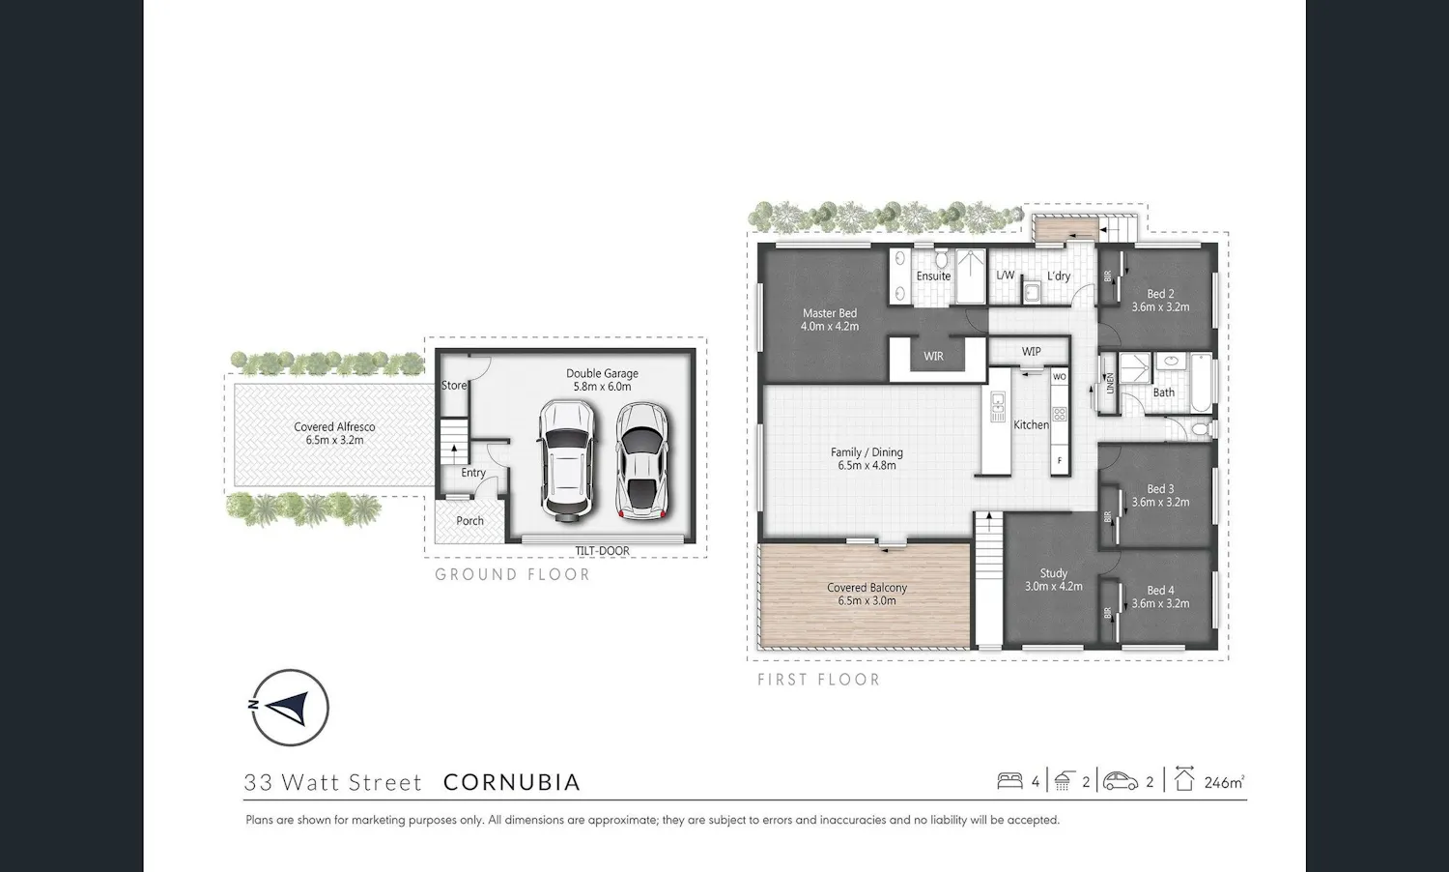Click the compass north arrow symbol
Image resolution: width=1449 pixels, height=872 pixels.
[x=289, y=708]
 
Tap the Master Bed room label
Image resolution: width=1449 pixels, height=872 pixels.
[x=830, y=313]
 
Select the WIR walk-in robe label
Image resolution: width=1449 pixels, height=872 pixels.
[x=933, y=356]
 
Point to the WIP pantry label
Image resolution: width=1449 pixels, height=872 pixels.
[x=1031, y=352]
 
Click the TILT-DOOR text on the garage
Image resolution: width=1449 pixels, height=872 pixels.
[x=602, y=551]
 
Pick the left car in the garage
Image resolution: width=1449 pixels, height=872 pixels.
[x=566, y=460]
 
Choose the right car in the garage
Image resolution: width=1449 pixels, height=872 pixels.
[x=641, y=461]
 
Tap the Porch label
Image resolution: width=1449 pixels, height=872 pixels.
[x=469, y=521]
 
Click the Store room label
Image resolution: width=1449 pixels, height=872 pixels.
[x=453, y=385]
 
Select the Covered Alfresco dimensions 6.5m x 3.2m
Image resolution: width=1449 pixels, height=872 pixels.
[x=334, y=440]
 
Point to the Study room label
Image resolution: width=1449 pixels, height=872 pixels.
[x=1054, y=573]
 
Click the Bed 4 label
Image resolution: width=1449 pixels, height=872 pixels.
[x=1160, y=591]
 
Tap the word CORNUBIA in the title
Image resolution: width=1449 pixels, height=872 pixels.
[x=512, y=782]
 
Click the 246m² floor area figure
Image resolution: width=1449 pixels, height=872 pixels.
[x=1224, y=782]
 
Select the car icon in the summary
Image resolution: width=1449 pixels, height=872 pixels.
[x=1121, y=781]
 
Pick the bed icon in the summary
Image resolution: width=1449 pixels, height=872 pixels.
[x=1009, y=781]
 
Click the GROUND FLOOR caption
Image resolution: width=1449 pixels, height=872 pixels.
[x=512, y=575]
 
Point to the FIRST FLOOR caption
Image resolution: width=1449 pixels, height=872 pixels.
[x=819, y=680]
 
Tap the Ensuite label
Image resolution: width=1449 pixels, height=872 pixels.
[x=933, y=276]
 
